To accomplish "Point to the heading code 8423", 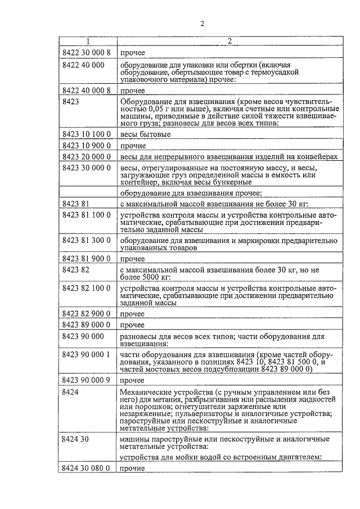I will (x=71, y=101).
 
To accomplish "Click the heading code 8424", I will (x=71, y=391).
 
